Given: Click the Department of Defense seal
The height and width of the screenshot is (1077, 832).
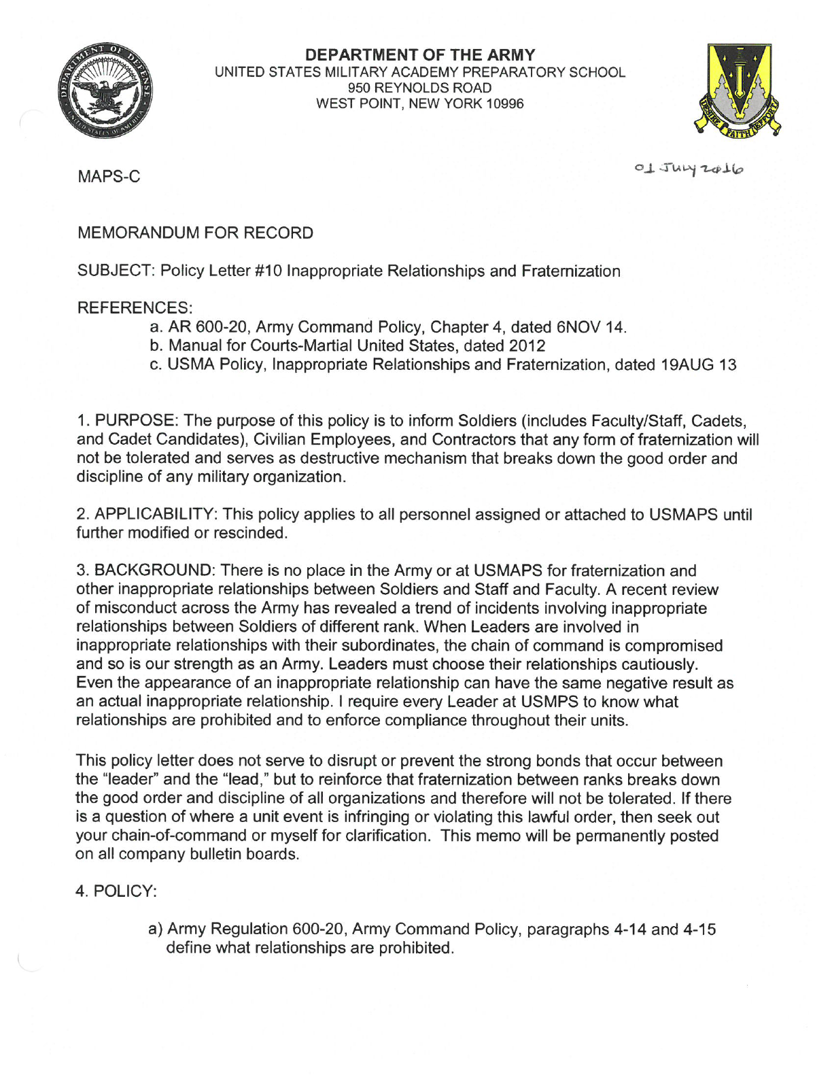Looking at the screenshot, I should tap(105, 92).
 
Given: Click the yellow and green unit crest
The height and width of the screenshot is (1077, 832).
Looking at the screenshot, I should tap(738, 91).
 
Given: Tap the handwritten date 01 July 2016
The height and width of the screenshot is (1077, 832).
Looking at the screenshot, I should tap(689, 168).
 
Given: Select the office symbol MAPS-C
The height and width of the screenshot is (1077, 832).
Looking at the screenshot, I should tap(109, 177).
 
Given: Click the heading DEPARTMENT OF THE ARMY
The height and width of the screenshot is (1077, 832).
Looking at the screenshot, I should tap(420, 55).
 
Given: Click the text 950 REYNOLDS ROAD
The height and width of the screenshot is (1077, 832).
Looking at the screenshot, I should tap(419, 88).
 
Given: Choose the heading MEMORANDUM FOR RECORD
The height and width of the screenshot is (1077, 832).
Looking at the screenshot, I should tap(195, 233).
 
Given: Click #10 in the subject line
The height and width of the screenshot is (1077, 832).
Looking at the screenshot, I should tap(268, 271).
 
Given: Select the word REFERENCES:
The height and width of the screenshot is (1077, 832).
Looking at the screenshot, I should tap(135, 308).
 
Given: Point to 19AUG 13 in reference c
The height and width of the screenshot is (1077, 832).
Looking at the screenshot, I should tap(698, 365).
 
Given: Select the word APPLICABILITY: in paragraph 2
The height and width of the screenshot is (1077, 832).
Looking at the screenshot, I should tap(156, 515).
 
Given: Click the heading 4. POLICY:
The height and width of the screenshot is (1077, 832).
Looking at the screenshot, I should tap(116, 891).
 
